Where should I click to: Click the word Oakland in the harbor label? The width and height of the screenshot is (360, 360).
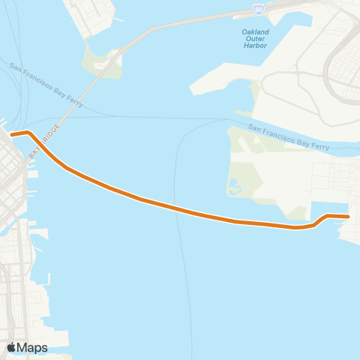[256, 32]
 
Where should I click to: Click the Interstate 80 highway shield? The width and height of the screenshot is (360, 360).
[259, 10]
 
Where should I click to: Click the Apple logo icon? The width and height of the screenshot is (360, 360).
[12, 347]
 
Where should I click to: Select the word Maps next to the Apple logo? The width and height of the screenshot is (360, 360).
[34, 347]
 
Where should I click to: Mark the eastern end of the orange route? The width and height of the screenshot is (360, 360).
[348, 217]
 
